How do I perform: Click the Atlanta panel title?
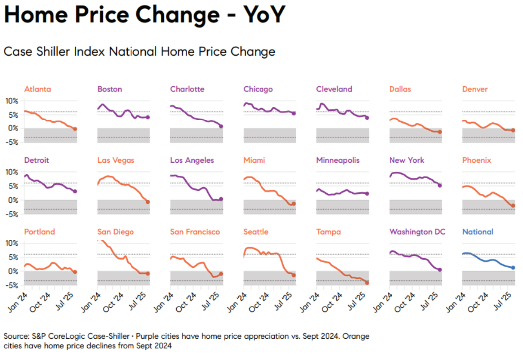click(37, 89)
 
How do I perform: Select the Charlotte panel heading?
click(187, 89)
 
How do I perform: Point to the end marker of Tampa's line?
click(367, 283)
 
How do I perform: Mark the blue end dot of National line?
click(513, 268)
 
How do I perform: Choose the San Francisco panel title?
click(195, 232)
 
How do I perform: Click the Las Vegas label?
click(116, 160)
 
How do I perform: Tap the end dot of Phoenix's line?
click(513, 206)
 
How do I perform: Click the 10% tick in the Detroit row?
click(11, 172)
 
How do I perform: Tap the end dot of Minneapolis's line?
click(367, 194)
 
